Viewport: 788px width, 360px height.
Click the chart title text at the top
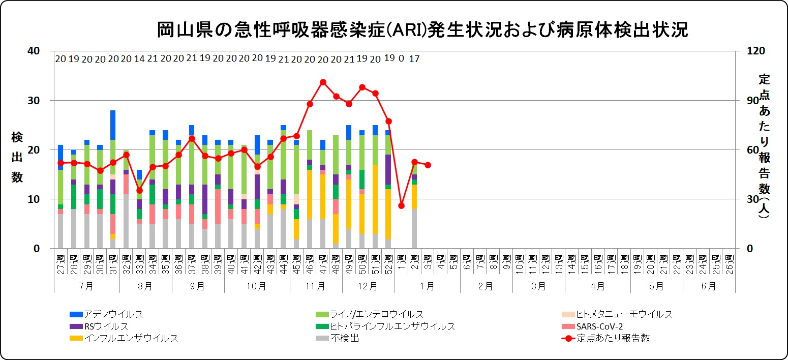(x=422, y=29)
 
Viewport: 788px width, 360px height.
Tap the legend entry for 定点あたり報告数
(x=613, y=338)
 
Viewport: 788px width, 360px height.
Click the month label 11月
(x=316, y=286)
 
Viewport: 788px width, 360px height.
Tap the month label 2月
(x=486, y=286)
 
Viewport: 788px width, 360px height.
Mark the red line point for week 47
(x=323, y=82)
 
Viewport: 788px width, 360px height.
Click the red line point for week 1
(x=401, y=205)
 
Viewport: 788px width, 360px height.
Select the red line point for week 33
(x=139, y=190)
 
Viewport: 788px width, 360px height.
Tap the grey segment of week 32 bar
(x=126, y=221)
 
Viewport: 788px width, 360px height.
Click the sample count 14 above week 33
(x=139, y=59)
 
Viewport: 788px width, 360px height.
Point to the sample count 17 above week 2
(x=414, y=59)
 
